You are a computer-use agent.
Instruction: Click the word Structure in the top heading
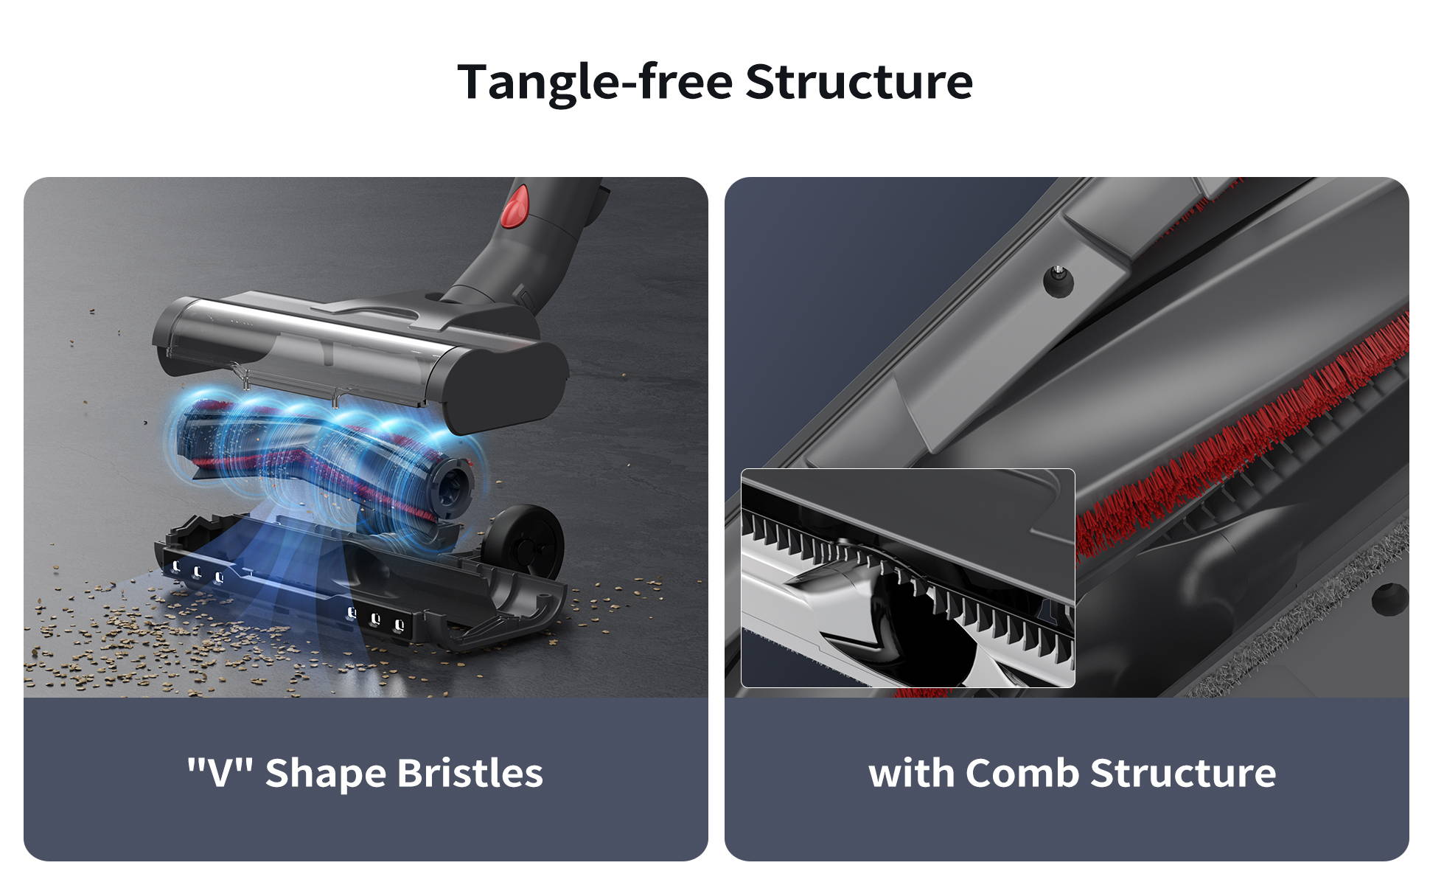tap(859, 81)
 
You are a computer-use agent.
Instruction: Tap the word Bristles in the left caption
tap(470, 773)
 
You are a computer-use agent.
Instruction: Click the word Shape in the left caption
tap(327, 774)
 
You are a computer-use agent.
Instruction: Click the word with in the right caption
tap(911, 773)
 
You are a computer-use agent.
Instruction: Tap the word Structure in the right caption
tap(1183, 773)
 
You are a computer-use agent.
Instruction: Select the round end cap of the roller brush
tap(453, 487)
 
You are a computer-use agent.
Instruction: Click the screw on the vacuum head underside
tap(1058, 281)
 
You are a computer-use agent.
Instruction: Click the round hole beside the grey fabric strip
tap(1389, 597)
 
